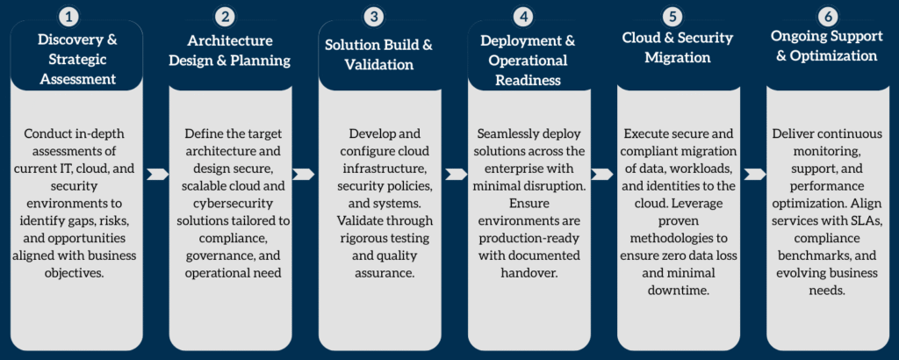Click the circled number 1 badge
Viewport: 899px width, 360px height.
coord(68,18)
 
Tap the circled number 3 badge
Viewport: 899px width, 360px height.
coord(374,18)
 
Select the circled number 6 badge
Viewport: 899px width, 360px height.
coord(827,18)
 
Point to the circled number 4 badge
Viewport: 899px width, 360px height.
coord(523,18)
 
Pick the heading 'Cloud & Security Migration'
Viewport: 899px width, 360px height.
coord(678,48)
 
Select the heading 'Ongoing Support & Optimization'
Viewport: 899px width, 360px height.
coord(826,47)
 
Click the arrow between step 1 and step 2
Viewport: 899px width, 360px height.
coord(157,174)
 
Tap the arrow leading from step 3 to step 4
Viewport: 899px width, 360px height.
coord(456,174)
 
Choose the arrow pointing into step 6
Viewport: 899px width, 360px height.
coord(754,174)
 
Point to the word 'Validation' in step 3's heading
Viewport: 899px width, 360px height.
coord(379,65)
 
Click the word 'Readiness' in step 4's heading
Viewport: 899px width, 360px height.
coord(528,80)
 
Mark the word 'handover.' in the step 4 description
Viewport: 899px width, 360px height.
coord(529,273)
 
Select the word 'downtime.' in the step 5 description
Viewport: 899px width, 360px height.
coord(679,290)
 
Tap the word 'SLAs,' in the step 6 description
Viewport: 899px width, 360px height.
coord(865,221)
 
